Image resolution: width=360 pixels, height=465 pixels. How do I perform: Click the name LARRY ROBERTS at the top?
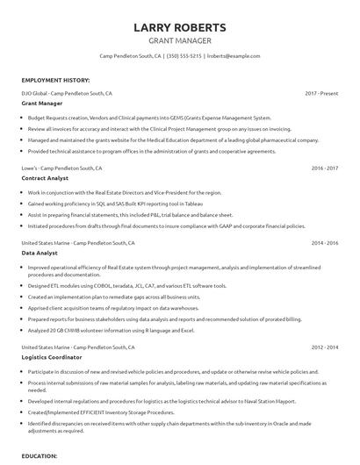[179, 27]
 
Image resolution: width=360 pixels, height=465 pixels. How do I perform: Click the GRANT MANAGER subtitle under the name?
[179, 40]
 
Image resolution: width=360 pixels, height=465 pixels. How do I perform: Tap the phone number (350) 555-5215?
[185, 55]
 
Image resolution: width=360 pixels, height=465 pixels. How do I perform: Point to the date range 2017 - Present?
[321, 92]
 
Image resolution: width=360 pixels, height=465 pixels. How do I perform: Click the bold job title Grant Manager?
[41, 103]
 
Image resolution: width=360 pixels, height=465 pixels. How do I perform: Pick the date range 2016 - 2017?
[324, 167]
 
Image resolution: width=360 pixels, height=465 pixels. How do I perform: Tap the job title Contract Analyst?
[46, 177]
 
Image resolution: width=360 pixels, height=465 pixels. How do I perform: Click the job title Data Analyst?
[40, 252]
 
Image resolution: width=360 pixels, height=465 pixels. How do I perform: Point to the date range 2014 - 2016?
[324, 241]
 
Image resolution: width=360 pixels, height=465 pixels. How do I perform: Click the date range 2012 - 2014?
[324, 347]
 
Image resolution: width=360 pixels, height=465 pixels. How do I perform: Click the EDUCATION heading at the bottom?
[40, 456]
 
